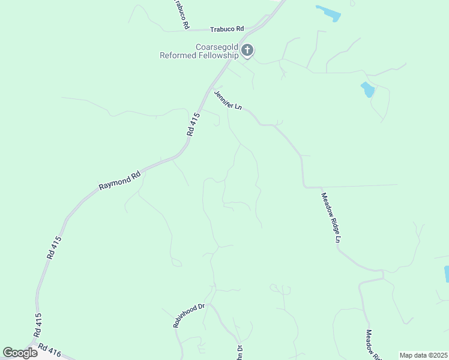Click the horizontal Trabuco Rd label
[227, 29]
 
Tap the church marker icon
[247, 51]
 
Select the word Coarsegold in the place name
[217, 47]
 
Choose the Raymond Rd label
[119, 181]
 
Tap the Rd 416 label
[50, 349]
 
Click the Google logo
[20, 353]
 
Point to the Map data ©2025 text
[424, 355]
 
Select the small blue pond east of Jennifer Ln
[367, 90]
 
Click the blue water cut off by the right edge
[446, 274]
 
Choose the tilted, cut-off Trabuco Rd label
[181, 14]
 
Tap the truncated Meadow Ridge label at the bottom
[373, 346]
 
